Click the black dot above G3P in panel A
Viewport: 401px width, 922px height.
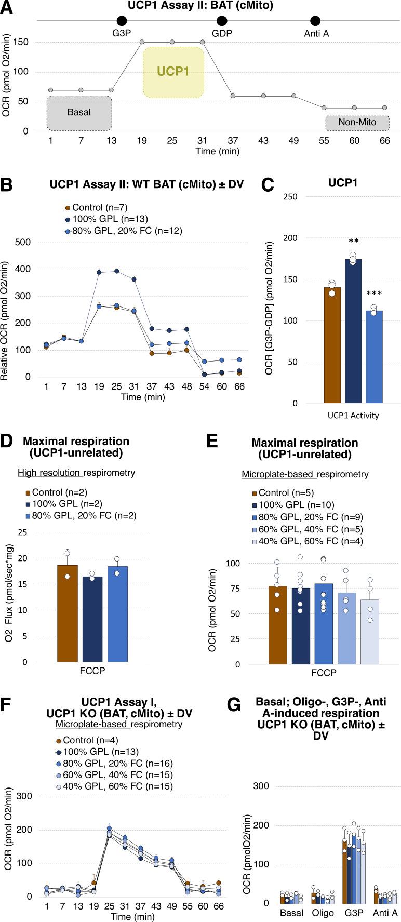pos(122,21)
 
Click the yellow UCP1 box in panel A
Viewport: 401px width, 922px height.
pos(173,72)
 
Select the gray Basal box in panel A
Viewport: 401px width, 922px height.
pos(79,112)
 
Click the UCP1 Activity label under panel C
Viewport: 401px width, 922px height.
pos(354,415)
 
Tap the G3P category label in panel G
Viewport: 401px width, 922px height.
pos(352,913)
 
